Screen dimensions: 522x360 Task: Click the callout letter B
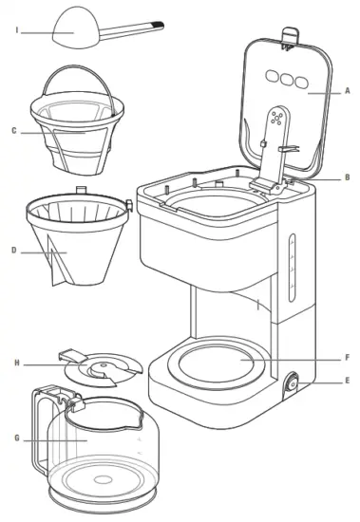[349, 177]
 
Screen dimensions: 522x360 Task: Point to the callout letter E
[349, 382]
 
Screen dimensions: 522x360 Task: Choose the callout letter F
[349, 358]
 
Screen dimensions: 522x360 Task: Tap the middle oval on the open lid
[285, 77]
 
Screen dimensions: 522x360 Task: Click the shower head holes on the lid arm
[276, 119]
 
